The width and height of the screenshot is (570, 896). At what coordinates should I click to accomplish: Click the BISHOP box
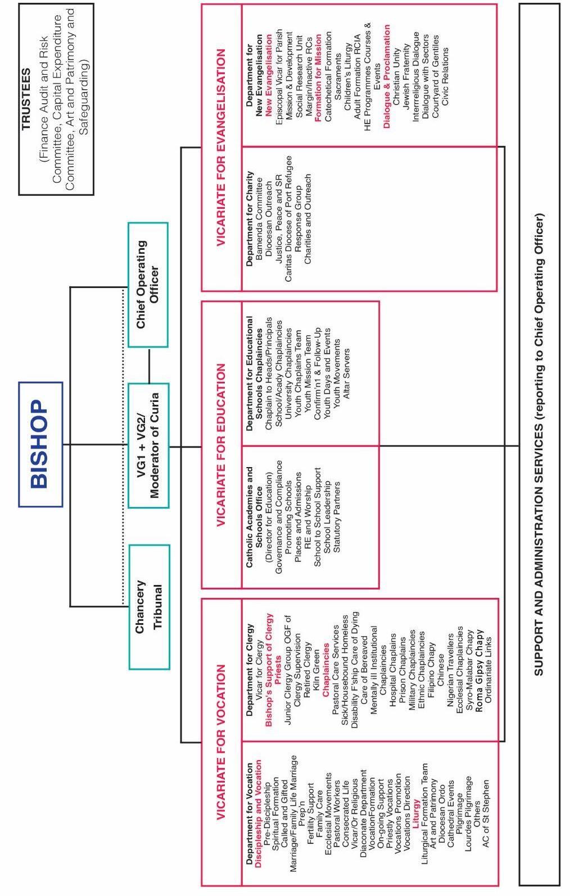coord(40,444)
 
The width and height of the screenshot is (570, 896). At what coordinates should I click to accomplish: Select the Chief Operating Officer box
coord(147,285)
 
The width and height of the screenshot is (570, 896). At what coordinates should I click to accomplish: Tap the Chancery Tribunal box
coord(149,607)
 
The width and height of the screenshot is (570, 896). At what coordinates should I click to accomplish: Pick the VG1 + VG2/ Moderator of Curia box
coord(148,446)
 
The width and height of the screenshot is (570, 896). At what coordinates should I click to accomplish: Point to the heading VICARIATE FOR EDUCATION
coord(221,445)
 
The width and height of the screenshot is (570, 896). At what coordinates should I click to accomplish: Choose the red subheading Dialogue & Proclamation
coord(387,76)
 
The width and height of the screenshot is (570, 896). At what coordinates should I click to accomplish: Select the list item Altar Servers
coord(346,373)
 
